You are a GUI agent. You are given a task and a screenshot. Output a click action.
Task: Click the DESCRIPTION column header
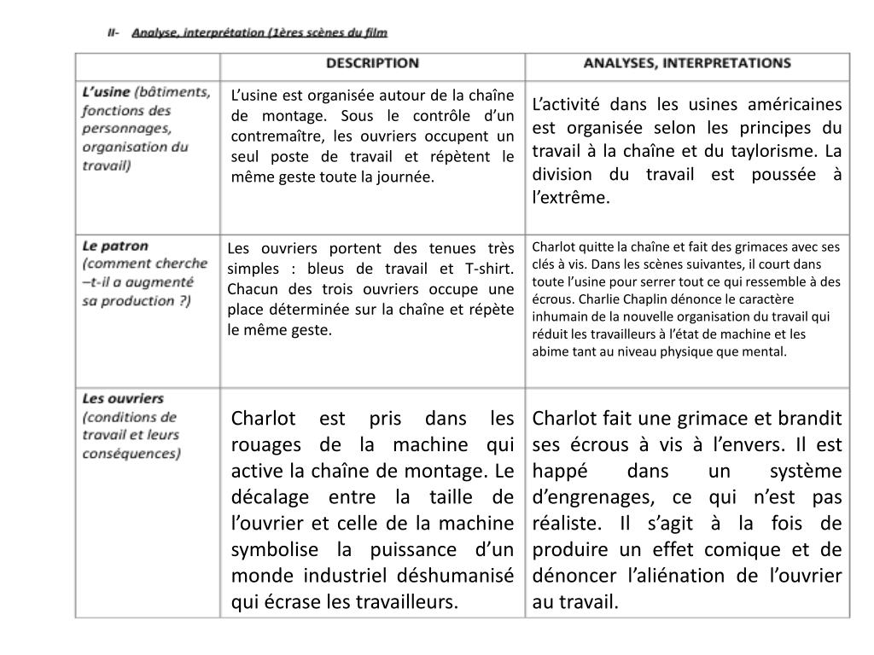click(x=372, y=64)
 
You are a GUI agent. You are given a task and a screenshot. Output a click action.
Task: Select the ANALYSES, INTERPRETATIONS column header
click(x=687, y=64)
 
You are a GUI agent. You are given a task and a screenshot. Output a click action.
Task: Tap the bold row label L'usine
click(x=106, y=91)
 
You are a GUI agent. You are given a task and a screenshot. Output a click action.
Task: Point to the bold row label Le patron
click(x=115, y=246)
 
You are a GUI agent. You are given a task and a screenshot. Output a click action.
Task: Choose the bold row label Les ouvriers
click(x=123, y=398)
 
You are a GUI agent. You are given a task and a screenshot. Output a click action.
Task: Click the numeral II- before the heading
click(x=114, y=32)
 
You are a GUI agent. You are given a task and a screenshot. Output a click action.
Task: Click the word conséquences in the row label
click(x=131, y=454)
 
